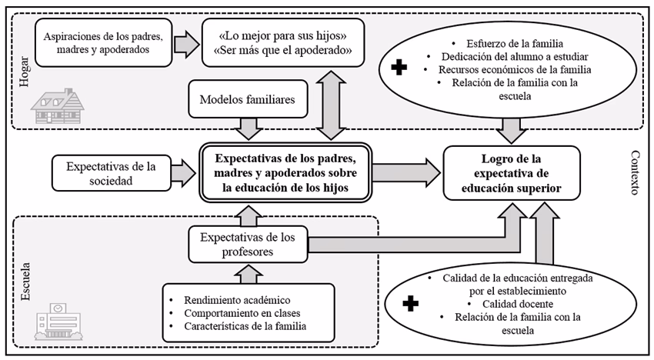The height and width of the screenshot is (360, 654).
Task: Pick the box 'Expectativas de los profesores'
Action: click(x=247, y=243)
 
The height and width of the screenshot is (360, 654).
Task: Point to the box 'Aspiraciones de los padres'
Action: click(x=103, y=43)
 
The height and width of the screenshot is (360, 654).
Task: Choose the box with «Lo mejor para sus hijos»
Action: click(x=282, y=43)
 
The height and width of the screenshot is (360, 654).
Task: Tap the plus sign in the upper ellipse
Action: click(x=399, y=68)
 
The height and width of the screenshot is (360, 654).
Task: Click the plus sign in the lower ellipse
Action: click(x=412, y=304)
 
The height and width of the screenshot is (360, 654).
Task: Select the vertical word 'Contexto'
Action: click(x=635, y=172)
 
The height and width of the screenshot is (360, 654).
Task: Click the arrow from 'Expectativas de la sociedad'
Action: click(x=182, y=172)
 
